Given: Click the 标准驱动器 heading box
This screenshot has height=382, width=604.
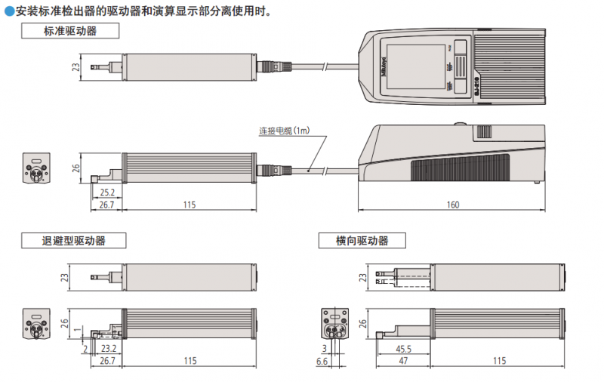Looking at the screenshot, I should click(x=70, y=31).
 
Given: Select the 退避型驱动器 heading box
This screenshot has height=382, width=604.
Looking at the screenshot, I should click(x=73, y=241).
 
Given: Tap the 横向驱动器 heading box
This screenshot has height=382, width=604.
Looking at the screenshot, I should click(x=362, y=241).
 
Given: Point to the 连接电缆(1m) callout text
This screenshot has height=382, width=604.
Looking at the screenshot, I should click(x=284, y=131).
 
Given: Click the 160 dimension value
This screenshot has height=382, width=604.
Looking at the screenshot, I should click(x=452, y=205).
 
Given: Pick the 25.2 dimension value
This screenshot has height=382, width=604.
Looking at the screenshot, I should click(x=107, y=193).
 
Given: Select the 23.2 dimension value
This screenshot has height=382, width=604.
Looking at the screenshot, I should click(x=109, y=349).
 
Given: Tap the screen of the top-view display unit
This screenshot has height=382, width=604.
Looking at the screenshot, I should click(x=416, y=67).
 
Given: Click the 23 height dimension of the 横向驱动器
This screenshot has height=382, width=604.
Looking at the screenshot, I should click(x=364, y=278).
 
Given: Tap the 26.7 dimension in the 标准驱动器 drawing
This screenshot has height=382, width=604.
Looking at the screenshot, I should click(x=106, y=205).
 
